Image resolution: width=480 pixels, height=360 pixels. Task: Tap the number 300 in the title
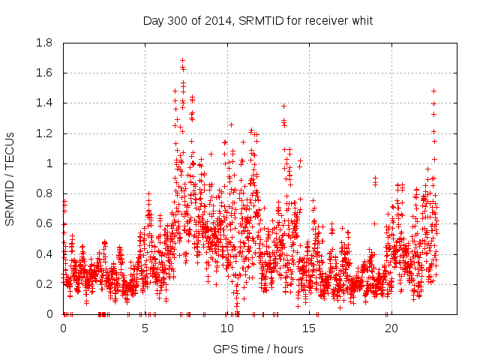click(x=178, y=20)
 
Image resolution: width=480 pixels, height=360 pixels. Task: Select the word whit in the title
click(x=361, y=20)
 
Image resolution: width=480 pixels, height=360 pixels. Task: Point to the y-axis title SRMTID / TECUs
click(x=10, y=178)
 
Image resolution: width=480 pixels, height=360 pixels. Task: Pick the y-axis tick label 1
click(x=49, y=163)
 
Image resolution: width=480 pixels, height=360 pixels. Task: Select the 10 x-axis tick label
click(x=227, y=328)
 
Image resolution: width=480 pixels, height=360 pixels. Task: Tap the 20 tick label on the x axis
click(x=391, y=328)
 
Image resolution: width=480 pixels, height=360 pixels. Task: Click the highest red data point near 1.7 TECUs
click(x=182, y=60)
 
